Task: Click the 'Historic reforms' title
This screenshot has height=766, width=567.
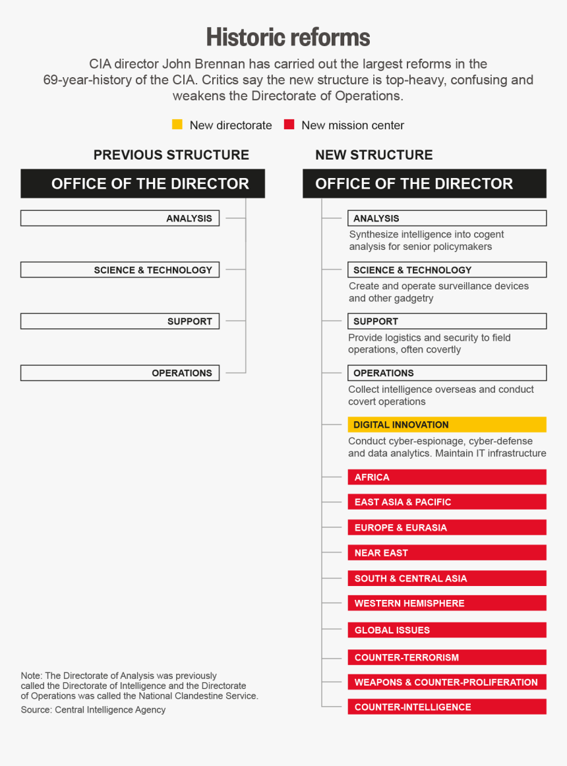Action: (x=288, y=37)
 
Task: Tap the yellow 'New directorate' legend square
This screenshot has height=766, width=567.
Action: (x=177, y=125)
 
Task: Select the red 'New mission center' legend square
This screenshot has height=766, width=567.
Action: (x=289, y=125)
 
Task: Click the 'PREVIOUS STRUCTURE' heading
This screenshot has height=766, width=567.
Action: (x=171, y=155)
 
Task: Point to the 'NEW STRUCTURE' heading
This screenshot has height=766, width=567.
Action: (x=374, y=155)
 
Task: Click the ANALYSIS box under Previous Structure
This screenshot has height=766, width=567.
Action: (x=120, y=218)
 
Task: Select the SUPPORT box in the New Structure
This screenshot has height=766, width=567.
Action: (x=447, y=321)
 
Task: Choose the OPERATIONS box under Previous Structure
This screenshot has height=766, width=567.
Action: (x=120, y=373)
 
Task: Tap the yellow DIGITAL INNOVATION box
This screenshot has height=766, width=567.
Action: (x=447, y=425)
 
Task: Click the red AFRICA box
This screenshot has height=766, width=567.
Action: (x=447, y=477)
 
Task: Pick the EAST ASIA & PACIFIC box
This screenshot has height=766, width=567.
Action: (x=447, y=502)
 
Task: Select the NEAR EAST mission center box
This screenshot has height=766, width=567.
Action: (x=447, y=553)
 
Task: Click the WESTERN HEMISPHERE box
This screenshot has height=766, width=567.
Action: (x=447, y=603)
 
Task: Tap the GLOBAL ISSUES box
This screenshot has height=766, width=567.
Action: (x=447, y=630)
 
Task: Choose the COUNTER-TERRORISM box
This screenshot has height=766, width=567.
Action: (x=447, y=657)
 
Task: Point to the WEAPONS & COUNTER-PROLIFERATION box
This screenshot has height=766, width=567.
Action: (x=447, y=682)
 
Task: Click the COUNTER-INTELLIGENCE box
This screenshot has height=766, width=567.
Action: (x=447, y=707)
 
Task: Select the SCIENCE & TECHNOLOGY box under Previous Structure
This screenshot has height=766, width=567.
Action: (x=120, y=270)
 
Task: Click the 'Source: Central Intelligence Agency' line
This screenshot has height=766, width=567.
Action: (x=93, y=710)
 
